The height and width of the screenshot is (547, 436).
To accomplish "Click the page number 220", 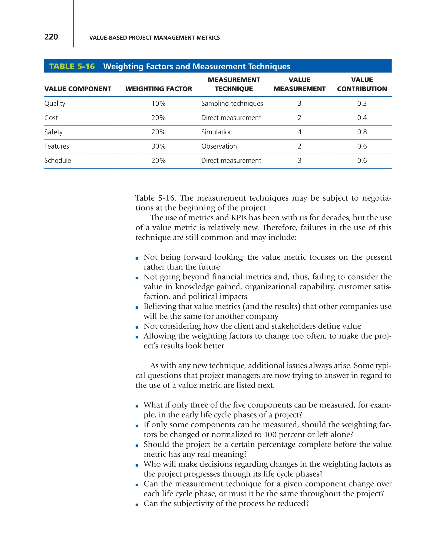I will click(51, 37).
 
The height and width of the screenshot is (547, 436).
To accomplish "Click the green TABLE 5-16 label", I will click(72, 66).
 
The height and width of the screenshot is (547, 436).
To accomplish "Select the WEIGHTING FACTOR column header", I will click(159, 89).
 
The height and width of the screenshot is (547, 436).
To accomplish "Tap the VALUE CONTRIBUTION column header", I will click(362, 84).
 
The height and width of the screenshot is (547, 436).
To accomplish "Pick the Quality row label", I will click(55, 103).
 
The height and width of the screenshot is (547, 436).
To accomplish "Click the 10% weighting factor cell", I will click(159, 103).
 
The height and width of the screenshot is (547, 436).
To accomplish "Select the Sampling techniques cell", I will click(232, 103).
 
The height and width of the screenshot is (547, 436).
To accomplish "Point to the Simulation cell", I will click(217, 132).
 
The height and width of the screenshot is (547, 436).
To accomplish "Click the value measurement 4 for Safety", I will click(299, 132).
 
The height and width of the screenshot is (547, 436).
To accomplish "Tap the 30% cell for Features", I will click(159, 146).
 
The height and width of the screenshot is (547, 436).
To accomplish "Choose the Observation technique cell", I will click(219, 146).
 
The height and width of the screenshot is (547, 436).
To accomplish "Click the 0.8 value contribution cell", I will click(362, 132).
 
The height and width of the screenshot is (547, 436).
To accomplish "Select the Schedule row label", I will click(57, 161).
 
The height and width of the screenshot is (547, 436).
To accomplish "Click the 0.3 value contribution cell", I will click(362, 103).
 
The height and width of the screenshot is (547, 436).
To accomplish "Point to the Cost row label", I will click(51, 118).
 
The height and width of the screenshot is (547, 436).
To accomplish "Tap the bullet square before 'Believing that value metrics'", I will click(137, 307).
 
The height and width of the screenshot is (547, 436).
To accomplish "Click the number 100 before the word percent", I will click(271, 435).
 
